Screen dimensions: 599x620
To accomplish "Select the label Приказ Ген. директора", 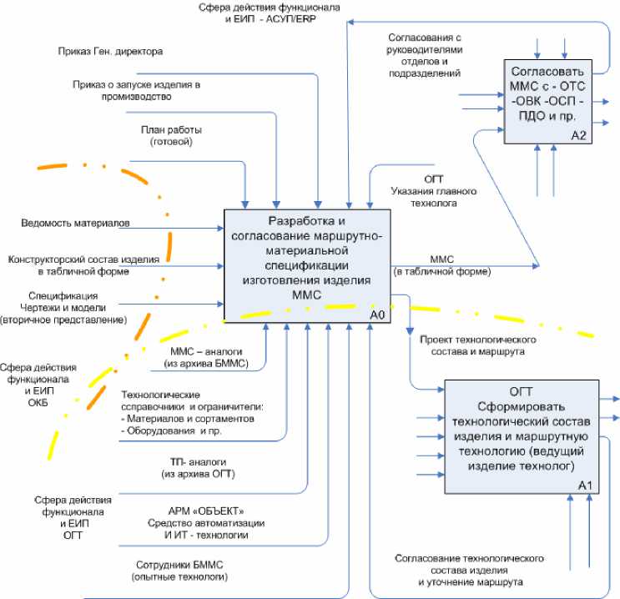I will click(x=110, y=52).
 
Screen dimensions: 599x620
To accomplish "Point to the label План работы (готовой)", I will click(x=171, y=136).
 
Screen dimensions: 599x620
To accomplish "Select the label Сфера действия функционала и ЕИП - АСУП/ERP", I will click(x=269, y=13).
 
